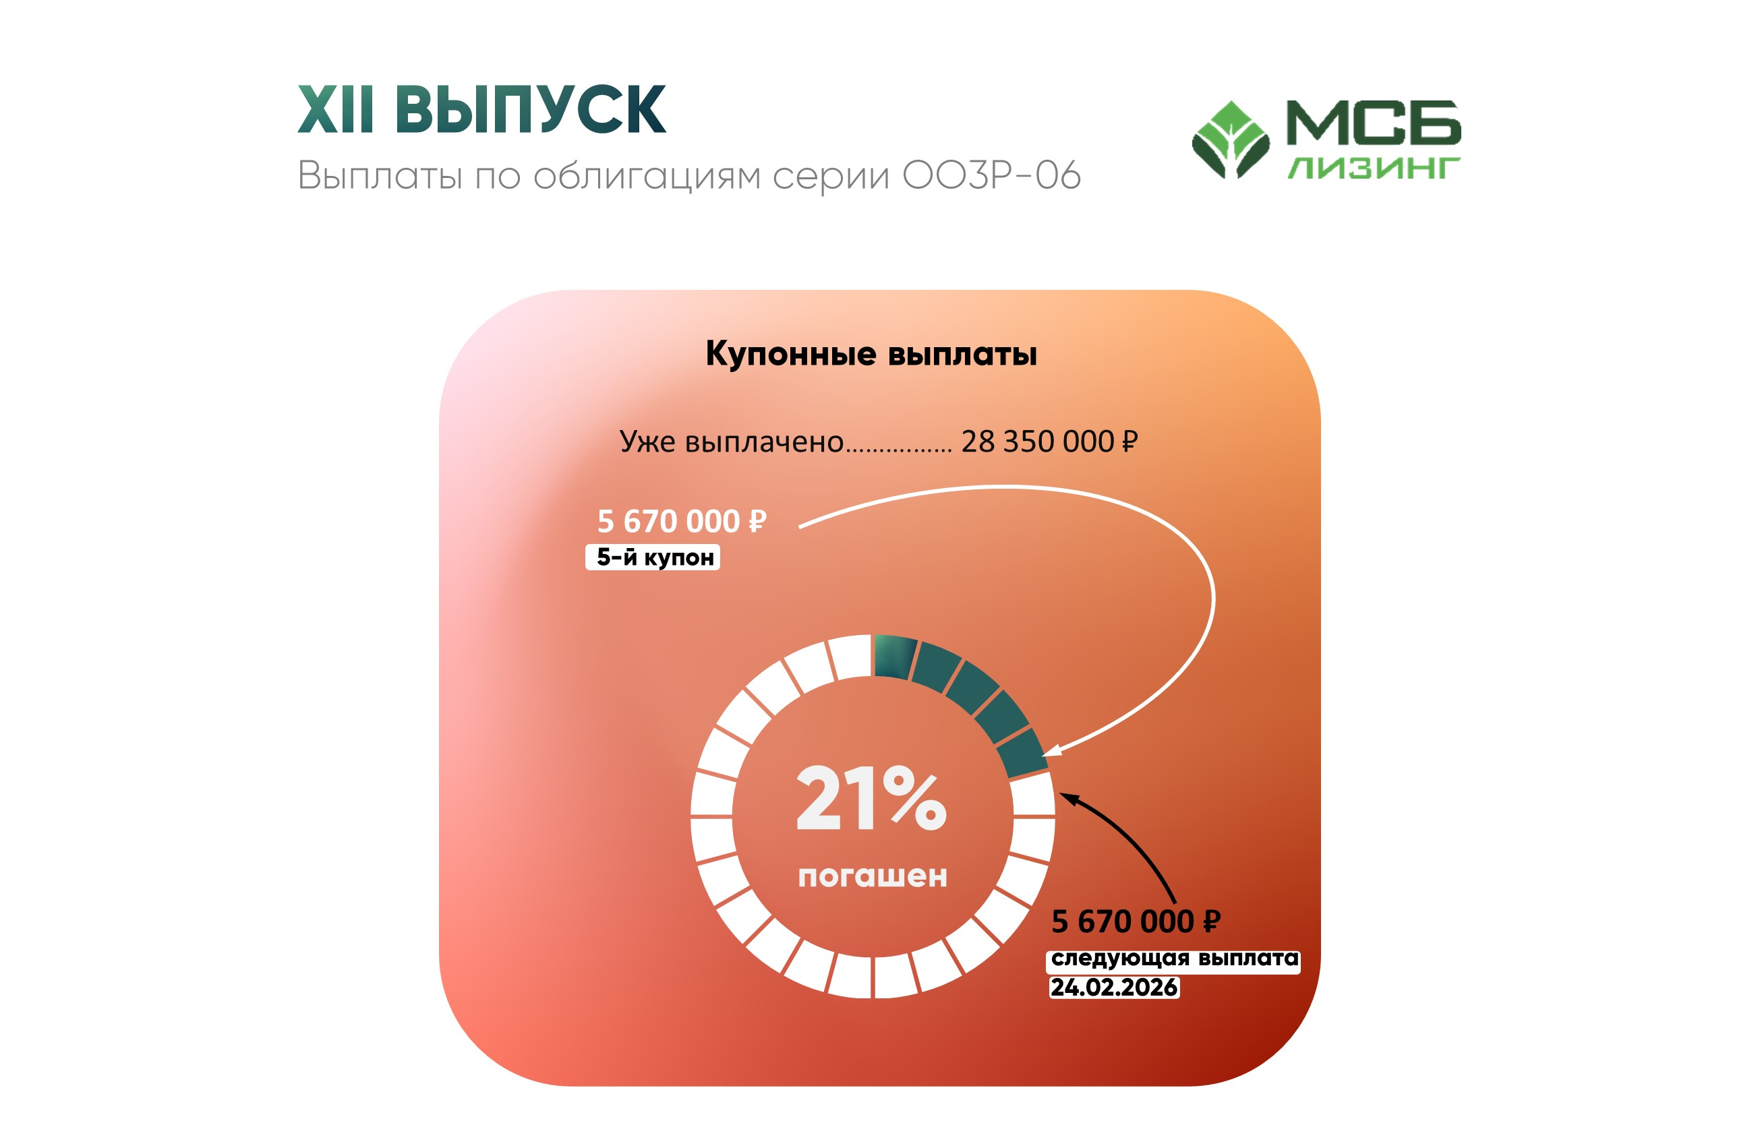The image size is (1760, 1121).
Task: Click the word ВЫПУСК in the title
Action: [530, 109]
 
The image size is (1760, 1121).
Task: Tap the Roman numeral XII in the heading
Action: [336, 109]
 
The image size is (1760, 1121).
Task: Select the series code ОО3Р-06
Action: [991, 175]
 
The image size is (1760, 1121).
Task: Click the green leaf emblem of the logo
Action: [1231, 140]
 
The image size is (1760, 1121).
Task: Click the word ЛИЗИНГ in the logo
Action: [1374, 168]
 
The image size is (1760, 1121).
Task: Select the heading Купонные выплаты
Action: [871, 355]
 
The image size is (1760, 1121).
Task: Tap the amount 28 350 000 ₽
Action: [1049, 442]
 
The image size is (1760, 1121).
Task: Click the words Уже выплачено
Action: [732, 442]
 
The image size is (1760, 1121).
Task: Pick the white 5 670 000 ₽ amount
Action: [682, 521]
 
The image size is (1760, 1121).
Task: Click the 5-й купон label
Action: [653, 557]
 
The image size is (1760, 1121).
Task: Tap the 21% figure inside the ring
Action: [871, 798]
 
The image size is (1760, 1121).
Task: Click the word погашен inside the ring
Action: [873, 876]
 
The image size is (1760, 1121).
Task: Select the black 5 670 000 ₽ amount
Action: [1136, 921]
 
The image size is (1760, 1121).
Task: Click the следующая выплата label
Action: [1174, 960]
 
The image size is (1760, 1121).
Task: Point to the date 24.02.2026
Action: [1115, 988]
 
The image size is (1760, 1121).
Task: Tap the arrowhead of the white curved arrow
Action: [1051, 750]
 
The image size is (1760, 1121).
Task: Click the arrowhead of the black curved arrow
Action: [1068, 799]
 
